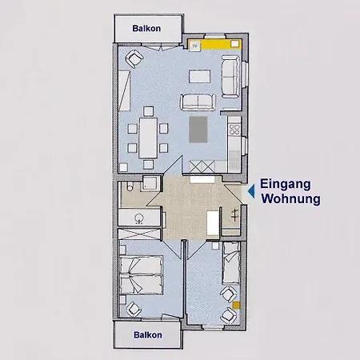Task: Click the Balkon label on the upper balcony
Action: coord(146,29)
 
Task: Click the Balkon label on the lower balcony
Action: coord(148,334)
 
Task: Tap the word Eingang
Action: coord(286,185)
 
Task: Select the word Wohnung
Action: coord(290,199)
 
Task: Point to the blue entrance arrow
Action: coord(251,191)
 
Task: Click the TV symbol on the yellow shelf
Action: coord(195,46)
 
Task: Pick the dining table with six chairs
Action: coord(148,138)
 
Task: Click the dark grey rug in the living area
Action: coord(198,130)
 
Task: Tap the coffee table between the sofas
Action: coord(200,76)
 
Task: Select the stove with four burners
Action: coord(234,129)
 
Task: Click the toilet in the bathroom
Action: coord(130,186)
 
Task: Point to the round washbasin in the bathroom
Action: coord(139,218)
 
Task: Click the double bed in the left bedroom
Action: coord(141,275)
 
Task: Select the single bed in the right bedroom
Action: coord(231,263)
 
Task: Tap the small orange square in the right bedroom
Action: coord(236,306)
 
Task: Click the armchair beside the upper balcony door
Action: coord(134,58)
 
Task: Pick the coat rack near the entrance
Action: coord(234,215)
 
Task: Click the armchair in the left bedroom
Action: coord(134,309)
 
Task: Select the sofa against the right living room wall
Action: coord(230,77)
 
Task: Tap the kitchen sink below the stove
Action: coord(234,158)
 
